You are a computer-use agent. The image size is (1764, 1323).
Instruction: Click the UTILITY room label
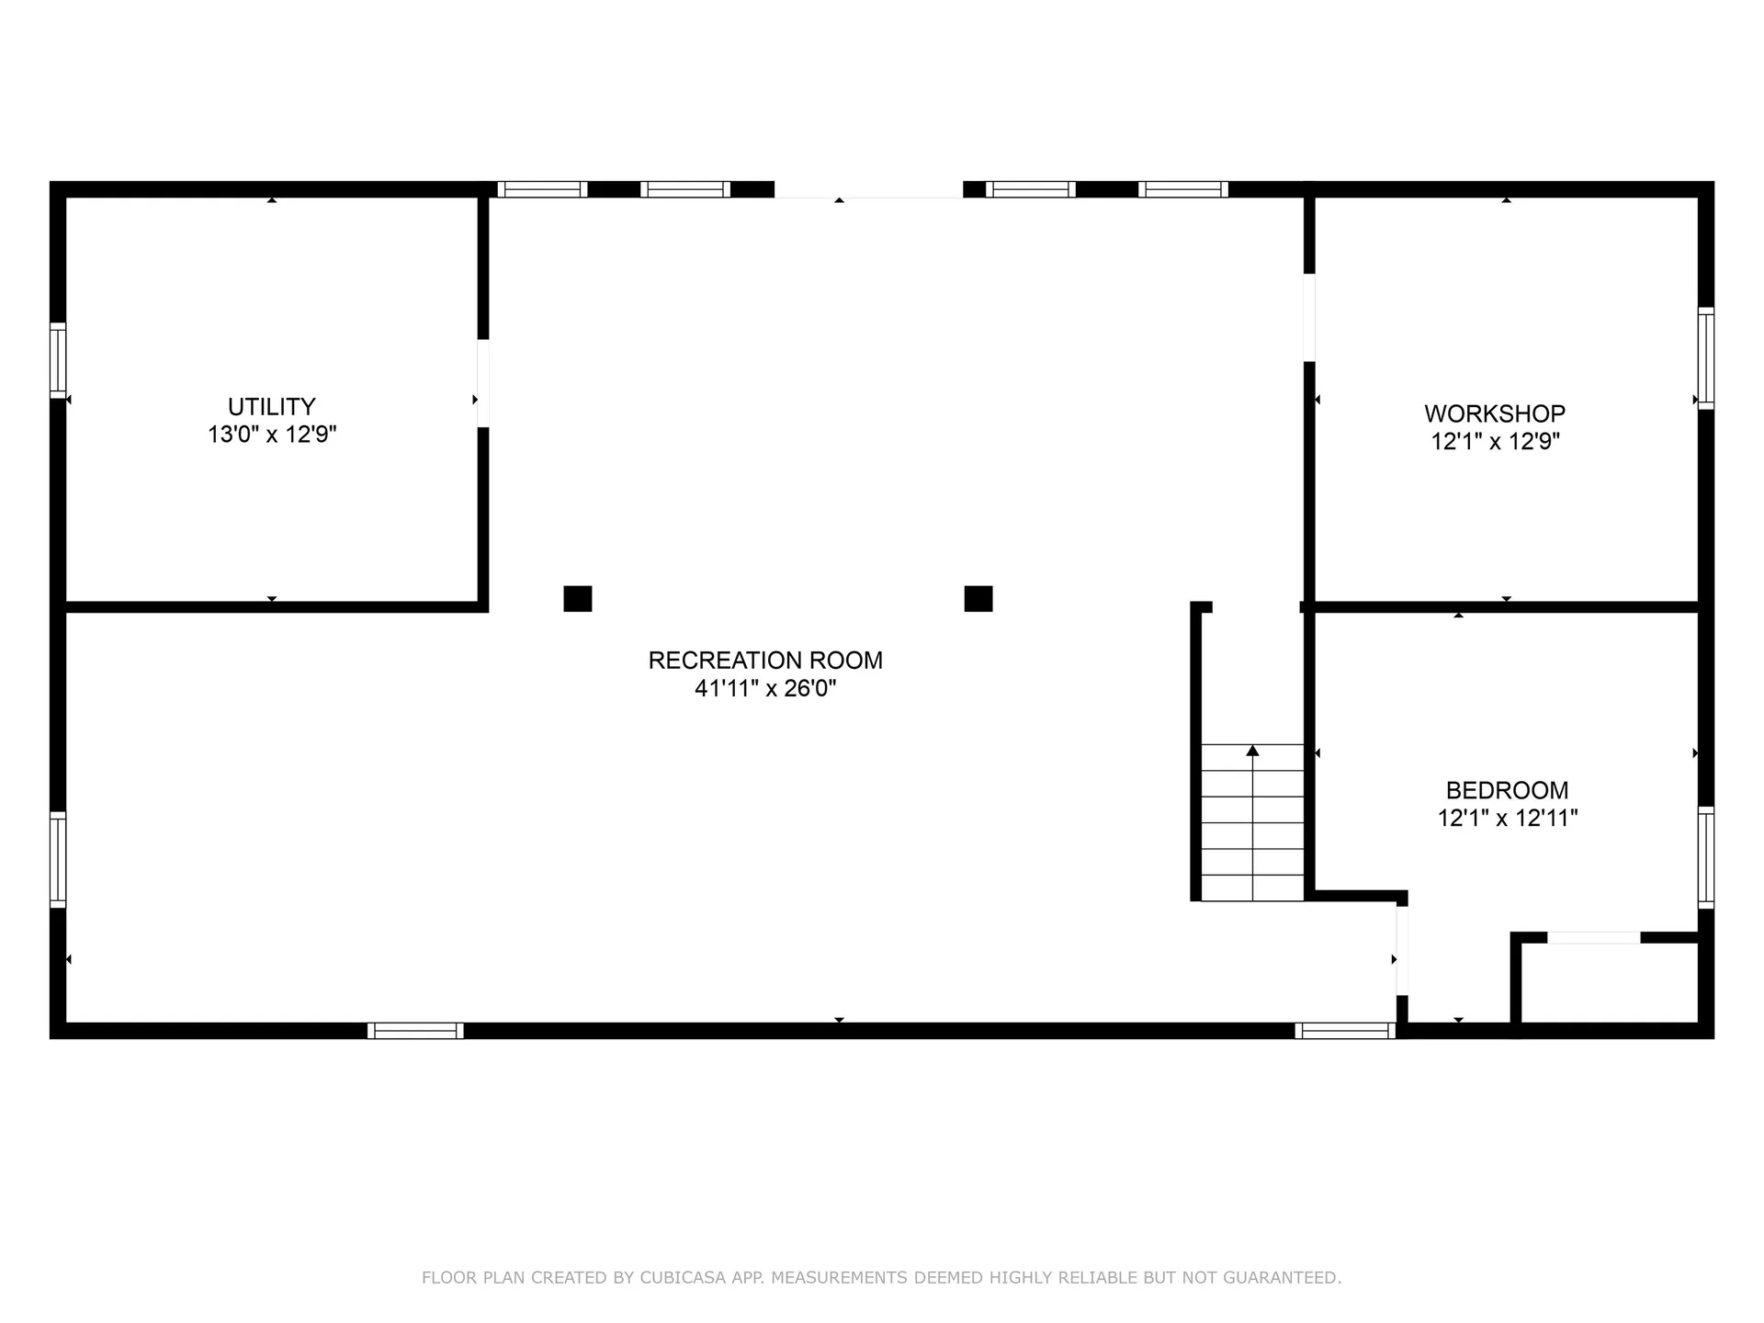(272, 406)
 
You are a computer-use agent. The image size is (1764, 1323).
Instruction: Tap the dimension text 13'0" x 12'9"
(272, 435)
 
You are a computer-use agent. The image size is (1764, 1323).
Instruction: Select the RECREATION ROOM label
(765, 660)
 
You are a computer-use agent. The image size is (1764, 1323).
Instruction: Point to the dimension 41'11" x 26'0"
(765, 688)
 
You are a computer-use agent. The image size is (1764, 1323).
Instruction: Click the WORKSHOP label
(1495, 413)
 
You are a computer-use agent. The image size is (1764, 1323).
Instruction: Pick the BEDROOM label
(1507, 790)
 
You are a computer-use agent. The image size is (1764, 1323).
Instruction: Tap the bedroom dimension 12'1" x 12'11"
(1507, 818)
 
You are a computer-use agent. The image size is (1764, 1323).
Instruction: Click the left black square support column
(577, 598)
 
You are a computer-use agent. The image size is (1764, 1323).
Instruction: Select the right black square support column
(978, 598)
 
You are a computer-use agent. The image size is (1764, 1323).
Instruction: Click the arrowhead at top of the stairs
(1252, 751)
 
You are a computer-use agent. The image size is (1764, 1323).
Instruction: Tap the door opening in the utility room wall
(482, 383)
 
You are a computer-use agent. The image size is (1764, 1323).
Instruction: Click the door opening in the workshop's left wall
(1309, 317)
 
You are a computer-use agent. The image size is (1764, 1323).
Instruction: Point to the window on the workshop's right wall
(1705, 358)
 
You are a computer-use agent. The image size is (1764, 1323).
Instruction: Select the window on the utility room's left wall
(57, 359)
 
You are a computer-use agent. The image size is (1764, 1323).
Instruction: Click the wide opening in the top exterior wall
(868, 190)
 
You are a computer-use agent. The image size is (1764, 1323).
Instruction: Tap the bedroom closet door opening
(1594, 937)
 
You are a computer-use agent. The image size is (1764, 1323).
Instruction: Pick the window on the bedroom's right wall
(1705, 857)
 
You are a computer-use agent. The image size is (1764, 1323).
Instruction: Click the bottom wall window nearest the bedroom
(1345, 1031)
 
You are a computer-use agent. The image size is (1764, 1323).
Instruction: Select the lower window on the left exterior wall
(57, 860)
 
